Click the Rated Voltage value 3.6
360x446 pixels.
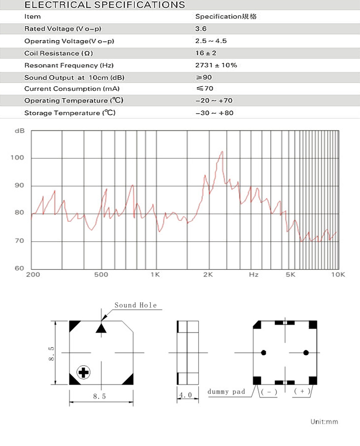coord(201,29)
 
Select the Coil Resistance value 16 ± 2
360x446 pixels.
coord(206,53)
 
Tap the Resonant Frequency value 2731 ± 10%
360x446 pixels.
coord(216,65)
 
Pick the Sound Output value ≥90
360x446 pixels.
coord(204,77)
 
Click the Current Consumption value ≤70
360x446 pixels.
coord(204,89)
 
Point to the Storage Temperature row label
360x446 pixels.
coord(70,113)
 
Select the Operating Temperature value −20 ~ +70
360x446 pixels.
coord(214,101)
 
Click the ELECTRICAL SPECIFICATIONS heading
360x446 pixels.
coord(105,5)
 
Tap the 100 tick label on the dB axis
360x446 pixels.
coord(17,158)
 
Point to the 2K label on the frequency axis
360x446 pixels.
coord(208,274)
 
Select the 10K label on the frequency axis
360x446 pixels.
coord(338,274)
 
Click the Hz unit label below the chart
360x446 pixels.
coord(253,274)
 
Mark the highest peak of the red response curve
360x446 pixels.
coord(222,152)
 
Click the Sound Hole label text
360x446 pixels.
coord(135,305)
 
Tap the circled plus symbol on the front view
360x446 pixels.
coord(83,372)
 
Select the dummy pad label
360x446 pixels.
coord(226,391)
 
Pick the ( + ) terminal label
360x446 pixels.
coord(302,391)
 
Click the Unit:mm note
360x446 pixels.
coord(324,422)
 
